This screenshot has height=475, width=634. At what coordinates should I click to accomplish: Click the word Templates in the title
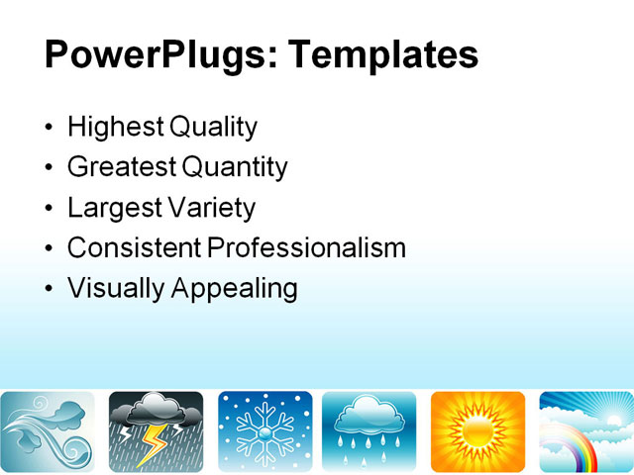[x=382, y=53]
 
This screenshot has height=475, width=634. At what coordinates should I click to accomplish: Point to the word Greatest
[x=121, y=167]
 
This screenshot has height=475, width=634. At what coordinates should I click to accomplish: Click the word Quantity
[x=235, y=167]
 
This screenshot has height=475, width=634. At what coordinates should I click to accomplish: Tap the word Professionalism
[x=306, y=247]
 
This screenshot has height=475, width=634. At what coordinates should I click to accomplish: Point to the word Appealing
[x=234, y=288]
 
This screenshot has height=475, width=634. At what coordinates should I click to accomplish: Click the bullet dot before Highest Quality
[x=51, y=129]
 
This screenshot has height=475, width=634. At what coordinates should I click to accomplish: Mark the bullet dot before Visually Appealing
[x=51, y=289]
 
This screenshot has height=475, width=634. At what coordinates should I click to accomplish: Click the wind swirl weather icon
[x=48, y=431]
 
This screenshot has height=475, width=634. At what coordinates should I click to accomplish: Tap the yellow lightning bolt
[x=154, y=444]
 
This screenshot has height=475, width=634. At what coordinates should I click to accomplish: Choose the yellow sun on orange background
[x=477, y=431]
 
